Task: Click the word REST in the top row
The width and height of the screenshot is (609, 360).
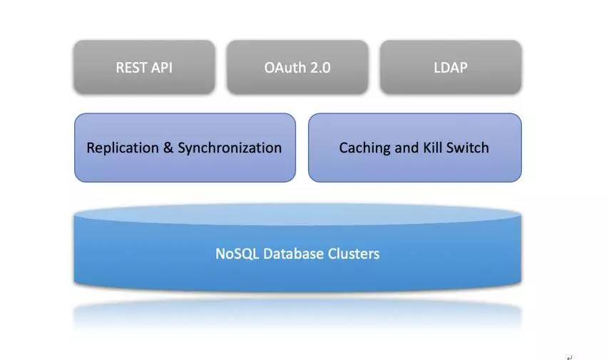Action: tap(132, 68)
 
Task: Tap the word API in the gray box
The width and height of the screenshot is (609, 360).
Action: tap(161, 68)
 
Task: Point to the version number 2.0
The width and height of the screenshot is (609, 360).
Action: tap(318, 68)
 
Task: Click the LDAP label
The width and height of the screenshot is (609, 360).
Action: tap(450, 68)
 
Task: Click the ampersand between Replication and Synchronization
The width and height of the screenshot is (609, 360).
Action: tap(168, 148)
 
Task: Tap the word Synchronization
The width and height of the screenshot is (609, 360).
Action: tap(230, 148)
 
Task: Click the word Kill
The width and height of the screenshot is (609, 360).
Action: tap(434, 148)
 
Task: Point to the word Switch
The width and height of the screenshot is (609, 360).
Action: tap(469, 148)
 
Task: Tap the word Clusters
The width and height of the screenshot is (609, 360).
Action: tap(354, 254)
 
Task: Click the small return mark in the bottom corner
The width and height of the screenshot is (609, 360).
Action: tap(569, 357)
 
